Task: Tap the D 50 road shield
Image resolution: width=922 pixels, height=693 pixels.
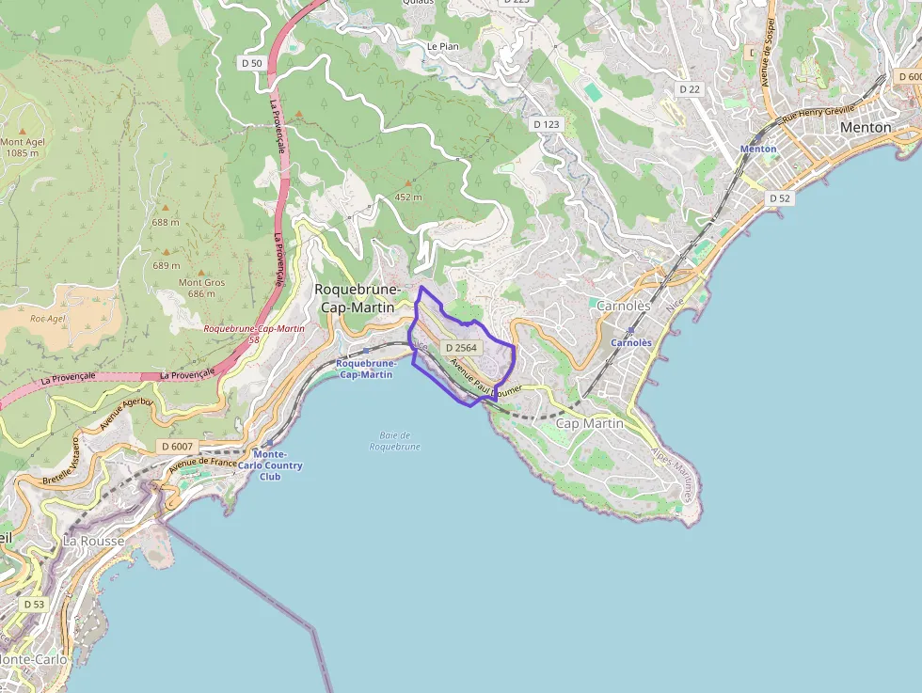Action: [251, 63]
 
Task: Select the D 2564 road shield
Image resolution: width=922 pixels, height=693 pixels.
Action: [462, 348]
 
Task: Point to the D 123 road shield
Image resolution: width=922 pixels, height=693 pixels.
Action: [546, 124]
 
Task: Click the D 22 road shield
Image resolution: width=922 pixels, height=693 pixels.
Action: [690, 88]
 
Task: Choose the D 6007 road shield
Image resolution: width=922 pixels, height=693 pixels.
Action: [176, 446]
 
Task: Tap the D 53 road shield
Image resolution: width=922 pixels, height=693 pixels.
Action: [33, 604]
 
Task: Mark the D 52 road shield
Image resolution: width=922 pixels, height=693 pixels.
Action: [779, 198]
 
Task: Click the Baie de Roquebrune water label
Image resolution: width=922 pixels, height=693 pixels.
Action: [394, 441]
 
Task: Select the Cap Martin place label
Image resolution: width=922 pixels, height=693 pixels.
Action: [590, 424]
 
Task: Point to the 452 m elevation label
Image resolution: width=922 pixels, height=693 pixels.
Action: [408, 197]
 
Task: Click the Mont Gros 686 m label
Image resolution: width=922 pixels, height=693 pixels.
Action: [201, 288]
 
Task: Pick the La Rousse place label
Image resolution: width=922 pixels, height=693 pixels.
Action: [93, 542]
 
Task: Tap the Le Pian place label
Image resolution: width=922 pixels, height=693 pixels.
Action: [442, 45]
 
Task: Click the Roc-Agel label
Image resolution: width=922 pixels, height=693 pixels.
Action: [47, 319]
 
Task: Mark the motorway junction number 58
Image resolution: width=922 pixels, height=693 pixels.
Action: [254, 339]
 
